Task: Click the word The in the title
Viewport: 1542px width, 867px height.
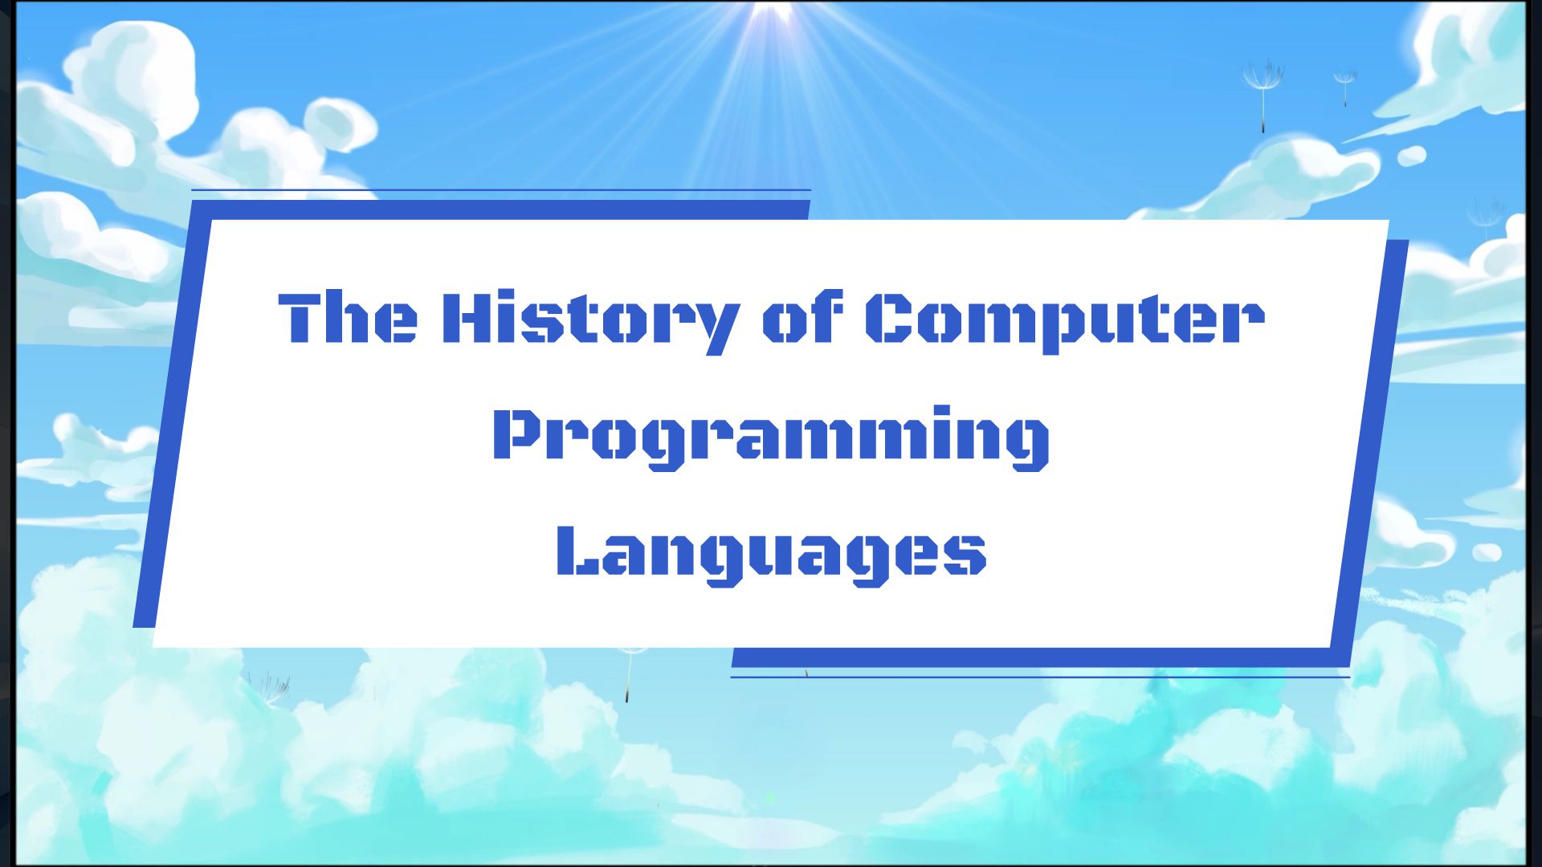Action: [347, 318]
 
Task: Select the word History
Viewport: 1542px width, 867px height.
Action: [589, 320]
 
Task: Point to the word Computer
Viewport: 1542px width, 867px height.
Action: [1064, 320]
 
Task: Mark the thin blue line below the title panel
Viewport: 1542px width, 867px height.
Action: [1040, 677]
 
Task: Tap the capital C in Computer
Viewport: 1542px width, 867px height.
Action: [891, 318]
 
